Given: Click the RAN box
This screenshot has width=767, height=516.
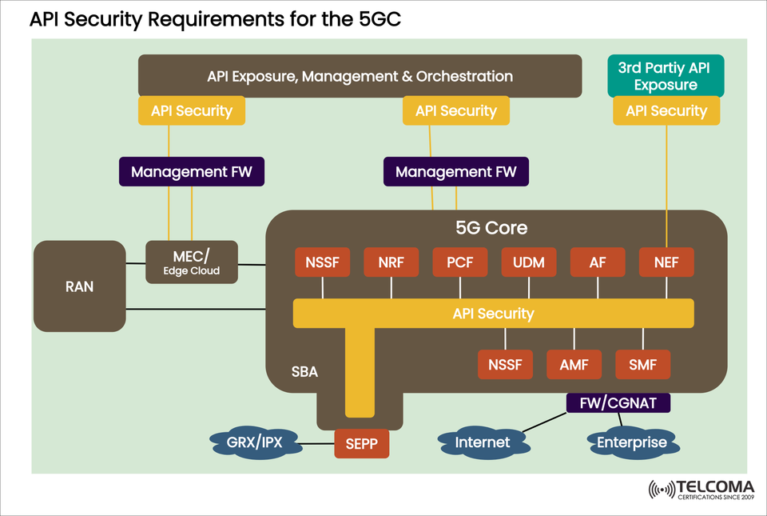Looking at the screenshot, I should point(79,286).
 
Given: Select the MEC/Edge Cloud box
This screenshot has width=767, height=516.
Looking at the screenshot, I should point(192,262).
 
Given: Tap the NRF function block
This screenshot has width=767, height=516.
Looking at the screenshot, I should point(391,262).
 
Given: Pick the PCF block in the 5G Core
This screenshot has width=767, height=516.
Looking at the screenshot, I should point(460,262).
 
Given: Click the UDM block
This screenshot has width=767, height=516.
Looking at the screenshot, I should point(529,262).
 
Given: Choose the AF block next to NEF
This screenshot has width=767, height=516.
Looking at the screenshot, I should point(598,262).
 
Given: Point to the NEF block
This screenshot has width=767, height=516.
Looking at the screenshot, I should point(666,262).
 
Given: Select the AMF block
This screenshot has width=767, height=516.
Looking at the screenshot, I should point(574,365).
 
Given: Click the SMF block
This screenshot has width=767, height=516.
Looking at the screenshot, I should point(642,365).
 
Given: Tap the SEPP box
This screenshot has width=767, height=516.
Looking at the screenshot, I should point(361,442).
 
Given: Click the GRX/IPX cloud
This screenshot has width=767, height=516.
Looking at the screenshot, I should point(255,442).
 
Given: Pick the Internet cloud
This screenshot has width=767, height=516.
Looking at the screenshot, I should point(483,442).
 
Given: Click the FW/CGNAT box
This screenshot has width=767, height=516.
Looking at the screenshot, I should point(618,402).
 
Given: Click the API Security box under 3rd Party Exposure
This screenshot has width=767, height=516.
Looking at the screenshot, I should point(666,111).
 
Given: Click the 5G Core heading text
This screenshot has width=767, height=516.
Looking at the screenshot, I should point(491,227).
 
